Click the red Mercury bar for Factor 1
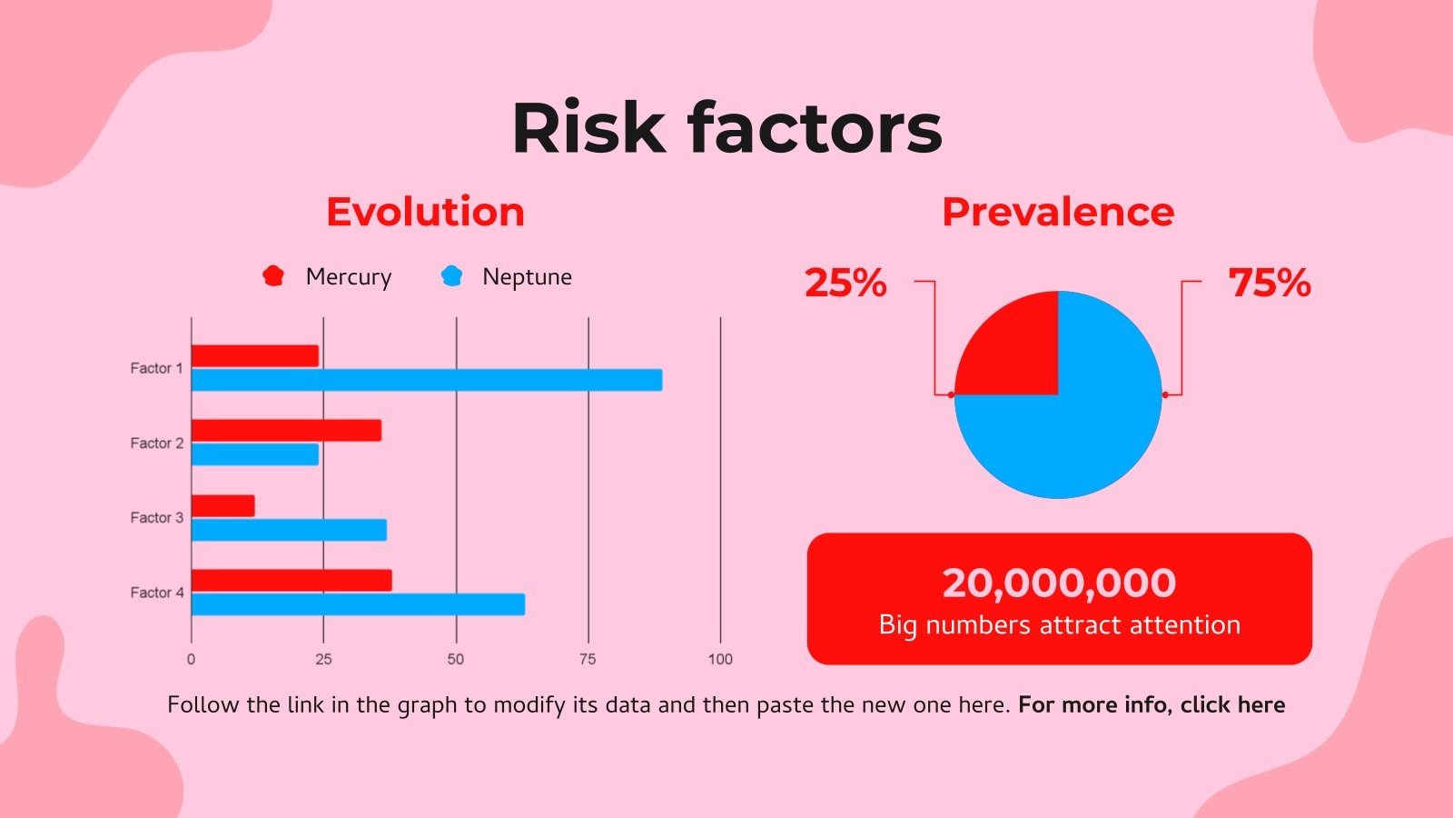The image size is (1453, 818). (x=255, y=356)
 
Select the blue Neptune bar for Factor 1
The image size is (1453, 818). (x=427, y=380)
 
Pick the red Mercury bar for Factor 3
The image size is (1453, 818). (x=223, y=505)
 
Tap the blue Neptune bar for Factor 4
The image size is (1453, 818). (x=358, y=604)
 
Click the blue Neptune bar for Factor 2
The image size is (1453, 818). (x=255, y=454)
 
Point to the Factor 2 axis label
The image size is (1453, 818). (x=157, y=444)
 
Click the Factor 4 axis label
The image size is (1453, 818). (x=157, y=593)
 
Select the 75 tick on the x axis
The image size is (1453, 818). (x=588, y=659)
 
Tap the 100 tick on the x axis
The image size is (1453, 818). (x=720, y=659)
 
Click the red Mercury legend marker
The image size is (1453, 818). (x=273, y=275)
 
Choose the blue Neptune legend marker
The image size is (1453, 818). (x=451, y=275)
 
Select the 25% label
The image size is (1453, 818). (x=845, y=283)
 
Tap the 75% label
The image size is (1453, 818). (x=1270, y=283)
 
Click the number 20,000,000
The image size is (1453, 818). (x=1059, y=583)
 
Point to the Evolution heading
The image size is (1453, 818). (x=425, y=212)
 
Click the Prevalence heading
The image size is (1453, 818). (x=1058, y=212)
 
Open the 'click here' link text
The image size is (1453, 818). (x=1232, y=705)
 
